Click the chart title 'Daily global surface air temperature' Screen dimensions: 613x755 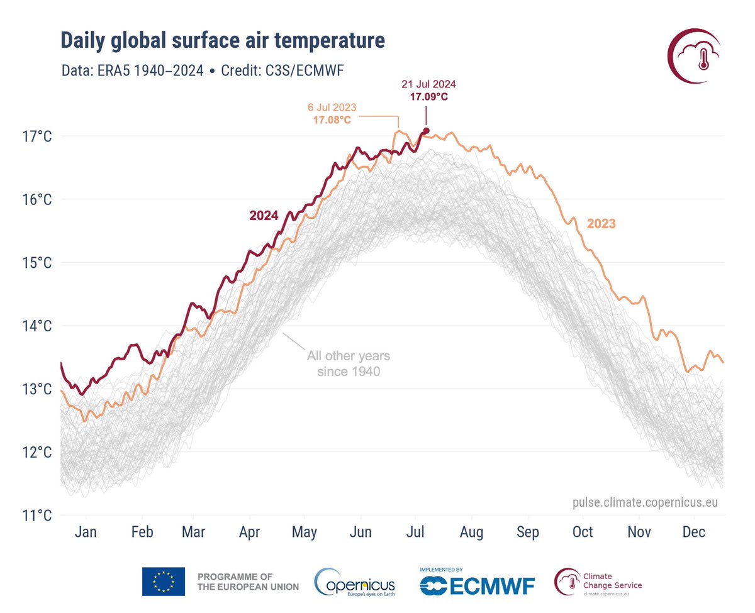[x=222, y=41]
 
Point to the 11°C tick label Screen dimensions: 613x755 [x=37, y=516]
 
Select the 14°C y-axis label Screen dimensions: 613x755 [x=37, y=326]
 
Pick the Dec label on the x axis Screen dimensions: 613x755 [x=693, y=533]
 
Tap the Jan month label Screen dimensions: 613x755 [x=85, y=533]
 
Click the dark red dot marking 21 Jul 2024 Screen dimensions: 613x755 [x=426, y=131]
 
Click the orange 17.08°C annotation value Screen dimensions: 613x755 [x=332, y=119]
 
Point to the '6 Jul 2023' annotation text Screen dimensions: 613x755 [x=332, y=107]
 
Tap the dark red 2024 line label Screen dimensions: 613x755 [x=264, y=216]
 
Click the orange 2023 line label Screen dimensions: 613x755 [x=601, y=223]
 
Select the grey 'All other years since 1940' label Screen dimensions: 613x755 [x=348, y=363]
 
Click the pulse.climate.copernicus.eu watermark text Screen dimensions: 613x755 [x=645, y=502]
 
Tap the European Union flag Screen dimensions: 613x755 [x=164, y=581]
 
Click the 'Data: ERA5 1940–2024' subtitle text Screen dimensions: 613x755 [x=132, y=70]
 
